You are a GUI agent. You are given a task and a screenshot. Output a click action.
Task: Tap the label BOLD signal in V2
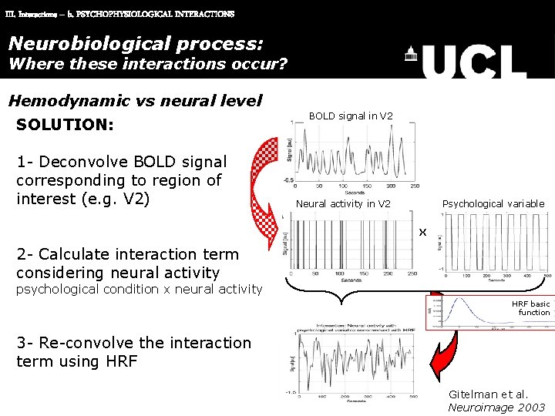tap(351, 116)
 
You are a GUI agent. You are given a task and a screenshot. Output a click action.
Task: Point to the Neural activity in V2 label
tap(343, 204)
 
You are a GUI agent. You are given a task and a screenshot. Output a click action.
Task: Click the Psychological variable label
tap(493, 204)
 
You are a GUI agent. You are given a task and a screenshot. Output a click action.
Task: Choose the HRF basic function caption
tap(531, 308)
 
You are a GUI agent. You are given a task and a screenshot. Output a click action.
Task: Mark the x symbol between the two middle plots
tap(422, 232)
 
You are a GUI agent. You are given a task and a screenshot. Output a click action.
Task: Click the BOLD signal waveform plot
tap(355, 154)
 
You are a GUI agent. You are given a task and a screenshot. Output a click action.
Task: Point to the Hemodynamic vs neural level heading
tap(135, 100)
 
